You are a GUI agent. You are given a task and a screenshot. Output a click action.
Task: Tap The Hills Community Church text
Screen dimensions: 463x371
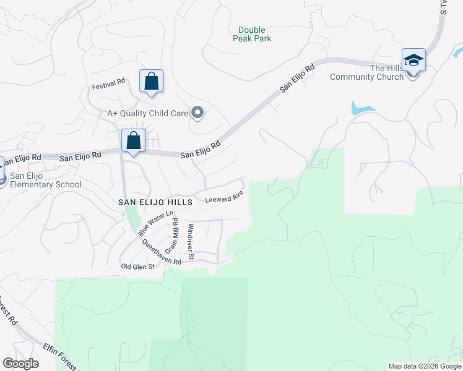[366, 72]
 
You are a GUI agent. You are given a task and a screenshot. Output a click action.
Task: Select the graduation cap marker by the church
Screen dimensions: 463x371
[413, 61]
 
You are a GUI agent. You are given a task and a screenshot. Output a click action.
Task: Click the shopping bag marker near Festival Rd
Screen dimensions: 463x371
[151, 82]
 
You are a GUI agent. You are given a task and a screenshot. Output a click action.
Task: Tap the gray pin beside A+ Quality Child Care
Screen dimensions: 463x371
[198, 113]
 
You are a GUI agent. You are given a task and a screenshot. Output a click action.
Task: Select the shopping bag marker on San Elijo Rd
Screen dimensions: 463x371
[133, 140]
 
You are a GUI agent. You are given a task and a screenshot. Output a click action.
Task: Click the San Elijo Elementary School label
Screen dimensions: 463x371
[46, 180]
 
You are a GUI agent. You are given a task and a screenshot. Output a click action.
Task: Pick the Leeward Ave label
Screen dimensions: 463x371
[224, 199]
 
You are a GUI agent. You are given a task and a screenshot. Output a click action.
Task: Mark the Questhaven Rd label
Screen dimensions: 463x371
[161, 252]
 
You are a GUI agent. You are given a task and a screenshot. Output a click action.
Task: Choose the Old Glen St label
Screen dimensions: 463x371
[138, 267]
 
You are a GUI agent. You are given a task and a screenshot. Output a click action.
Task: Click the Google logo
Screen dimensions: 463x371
[21, 364]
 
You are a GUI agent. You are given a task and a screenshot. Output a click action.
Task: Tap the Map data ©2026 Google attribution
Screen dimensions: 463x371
[425, 366]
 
